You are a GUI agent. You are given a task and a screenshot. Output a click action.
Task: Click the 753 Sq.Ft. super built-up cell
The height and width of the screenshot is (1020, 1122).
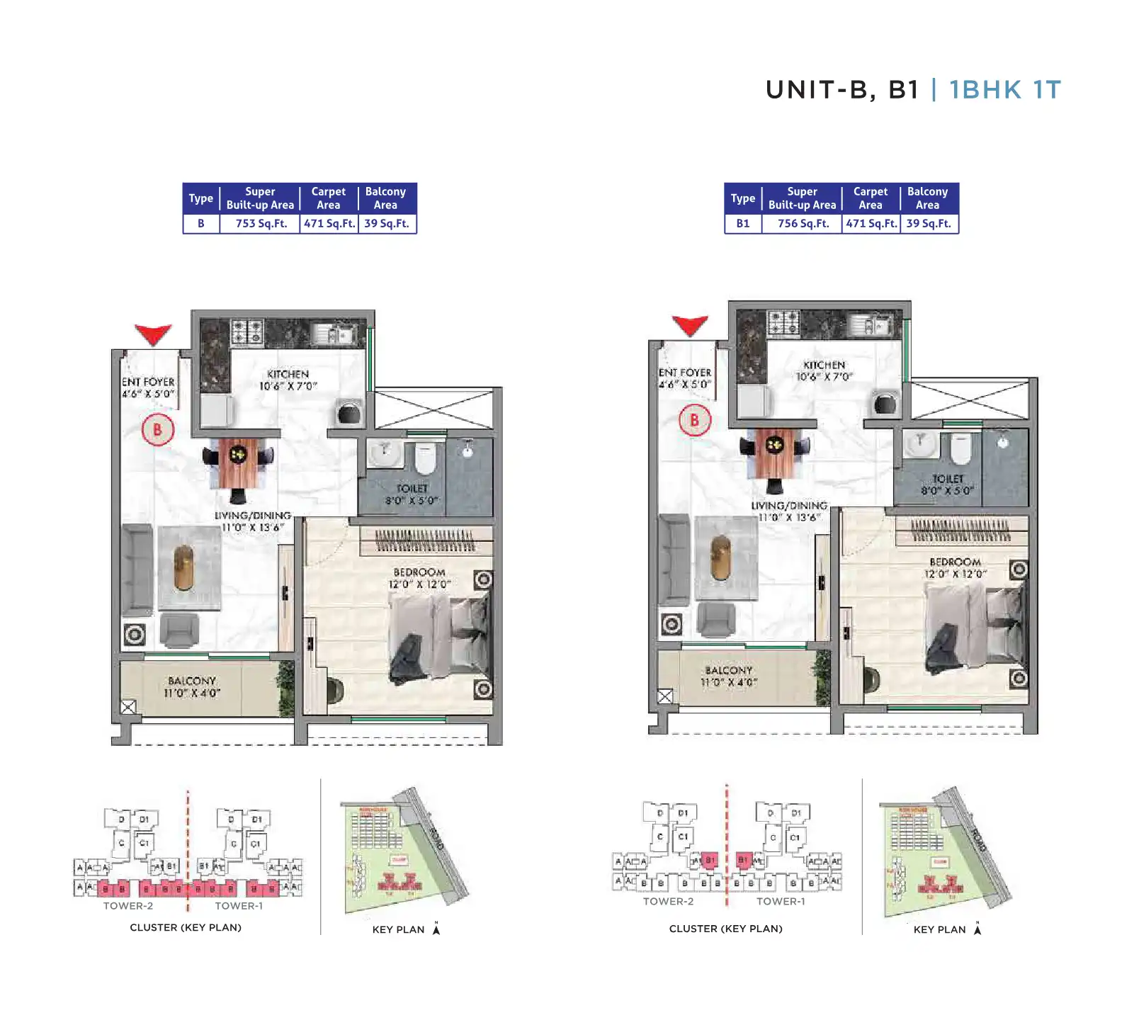pos(261,223)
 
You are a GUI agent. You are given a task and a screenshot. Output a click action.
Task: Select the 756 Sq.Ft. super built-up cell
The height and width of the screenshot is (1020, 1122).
pos(803,223)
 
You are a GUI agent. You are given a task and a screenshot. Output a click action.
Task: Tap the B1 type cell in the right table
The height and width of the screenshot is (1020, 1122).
pos(742,223)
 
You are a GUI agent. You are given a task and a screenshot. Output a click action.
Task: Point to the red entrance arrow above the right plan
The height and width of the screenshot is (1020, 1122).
pos(690,324)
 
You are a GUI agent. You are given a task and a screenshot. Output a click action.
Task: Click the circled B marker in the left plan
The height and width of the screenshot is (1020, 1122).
pos(157,430)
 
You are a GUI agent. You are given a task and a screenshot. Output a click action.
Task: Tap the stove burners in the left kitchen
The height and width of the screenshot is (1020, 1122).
pos(247,331)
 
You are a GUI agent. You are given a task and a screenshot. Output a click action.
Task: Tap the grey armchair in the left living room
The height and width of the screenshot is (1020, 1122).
pos(178,630)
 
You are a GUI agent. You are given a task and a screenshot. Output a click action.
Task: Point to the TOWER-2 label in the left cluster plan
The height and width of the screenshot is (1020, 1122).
pos(128,906)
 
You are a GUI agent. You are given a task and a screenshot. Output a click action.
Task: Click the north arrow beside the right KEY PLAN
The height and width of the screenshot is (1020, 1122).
pos(977,929)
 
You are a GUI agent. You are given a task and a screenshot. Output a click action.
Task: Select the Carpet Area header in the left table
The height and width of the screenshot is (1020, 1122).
pos(328,198)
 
